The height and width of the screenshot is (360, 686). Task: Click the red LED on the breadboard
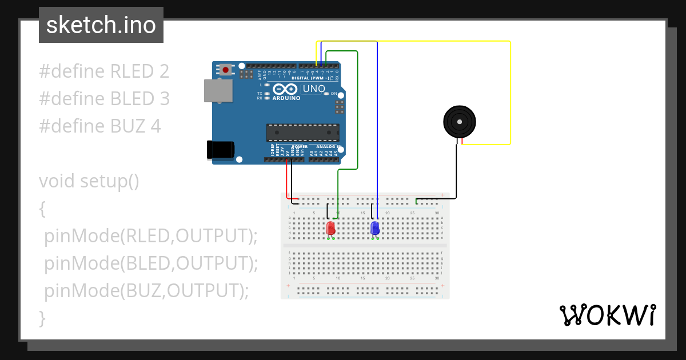click(x=331, y=228)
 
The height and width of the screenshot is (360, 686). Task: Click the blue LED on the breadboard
click(x=375, y=228)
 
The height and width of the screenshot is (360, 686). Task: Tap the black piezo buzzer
click(x=460, y=122)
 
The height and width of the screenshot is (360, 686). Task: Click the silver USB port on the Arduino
click(x=218, y=91)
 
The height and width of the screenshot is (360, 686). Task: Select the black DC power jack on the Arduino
click(x=220, y=150)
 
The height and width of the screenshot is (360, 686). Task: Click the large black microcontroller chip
click(x=302, y=133)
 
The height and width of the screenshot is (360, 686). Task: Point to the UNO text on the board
click(x=314, y=89)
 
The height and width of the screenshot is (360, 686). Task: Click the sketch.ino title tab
click(x=101, y=25)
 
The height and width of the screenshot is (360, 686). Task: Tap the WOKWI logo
click(x=607, y=315)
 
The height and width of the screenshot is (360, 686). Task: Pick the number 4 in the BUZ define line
click(x=155, y=126)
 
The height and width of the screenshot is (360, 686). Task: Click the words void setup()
click(x=89, y=181)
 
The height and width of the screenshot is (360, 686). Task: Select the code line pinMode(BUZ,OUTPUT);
click(x=147, y=291)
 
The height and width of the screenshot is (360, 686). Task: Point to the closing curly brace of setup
click(x=42, y=318)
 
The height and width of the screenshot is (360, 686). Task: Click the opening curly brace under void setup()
click(x=42, y=209)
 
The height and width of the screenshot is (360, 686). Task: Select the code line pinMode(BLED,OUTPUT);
click(x=151, y=263)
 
